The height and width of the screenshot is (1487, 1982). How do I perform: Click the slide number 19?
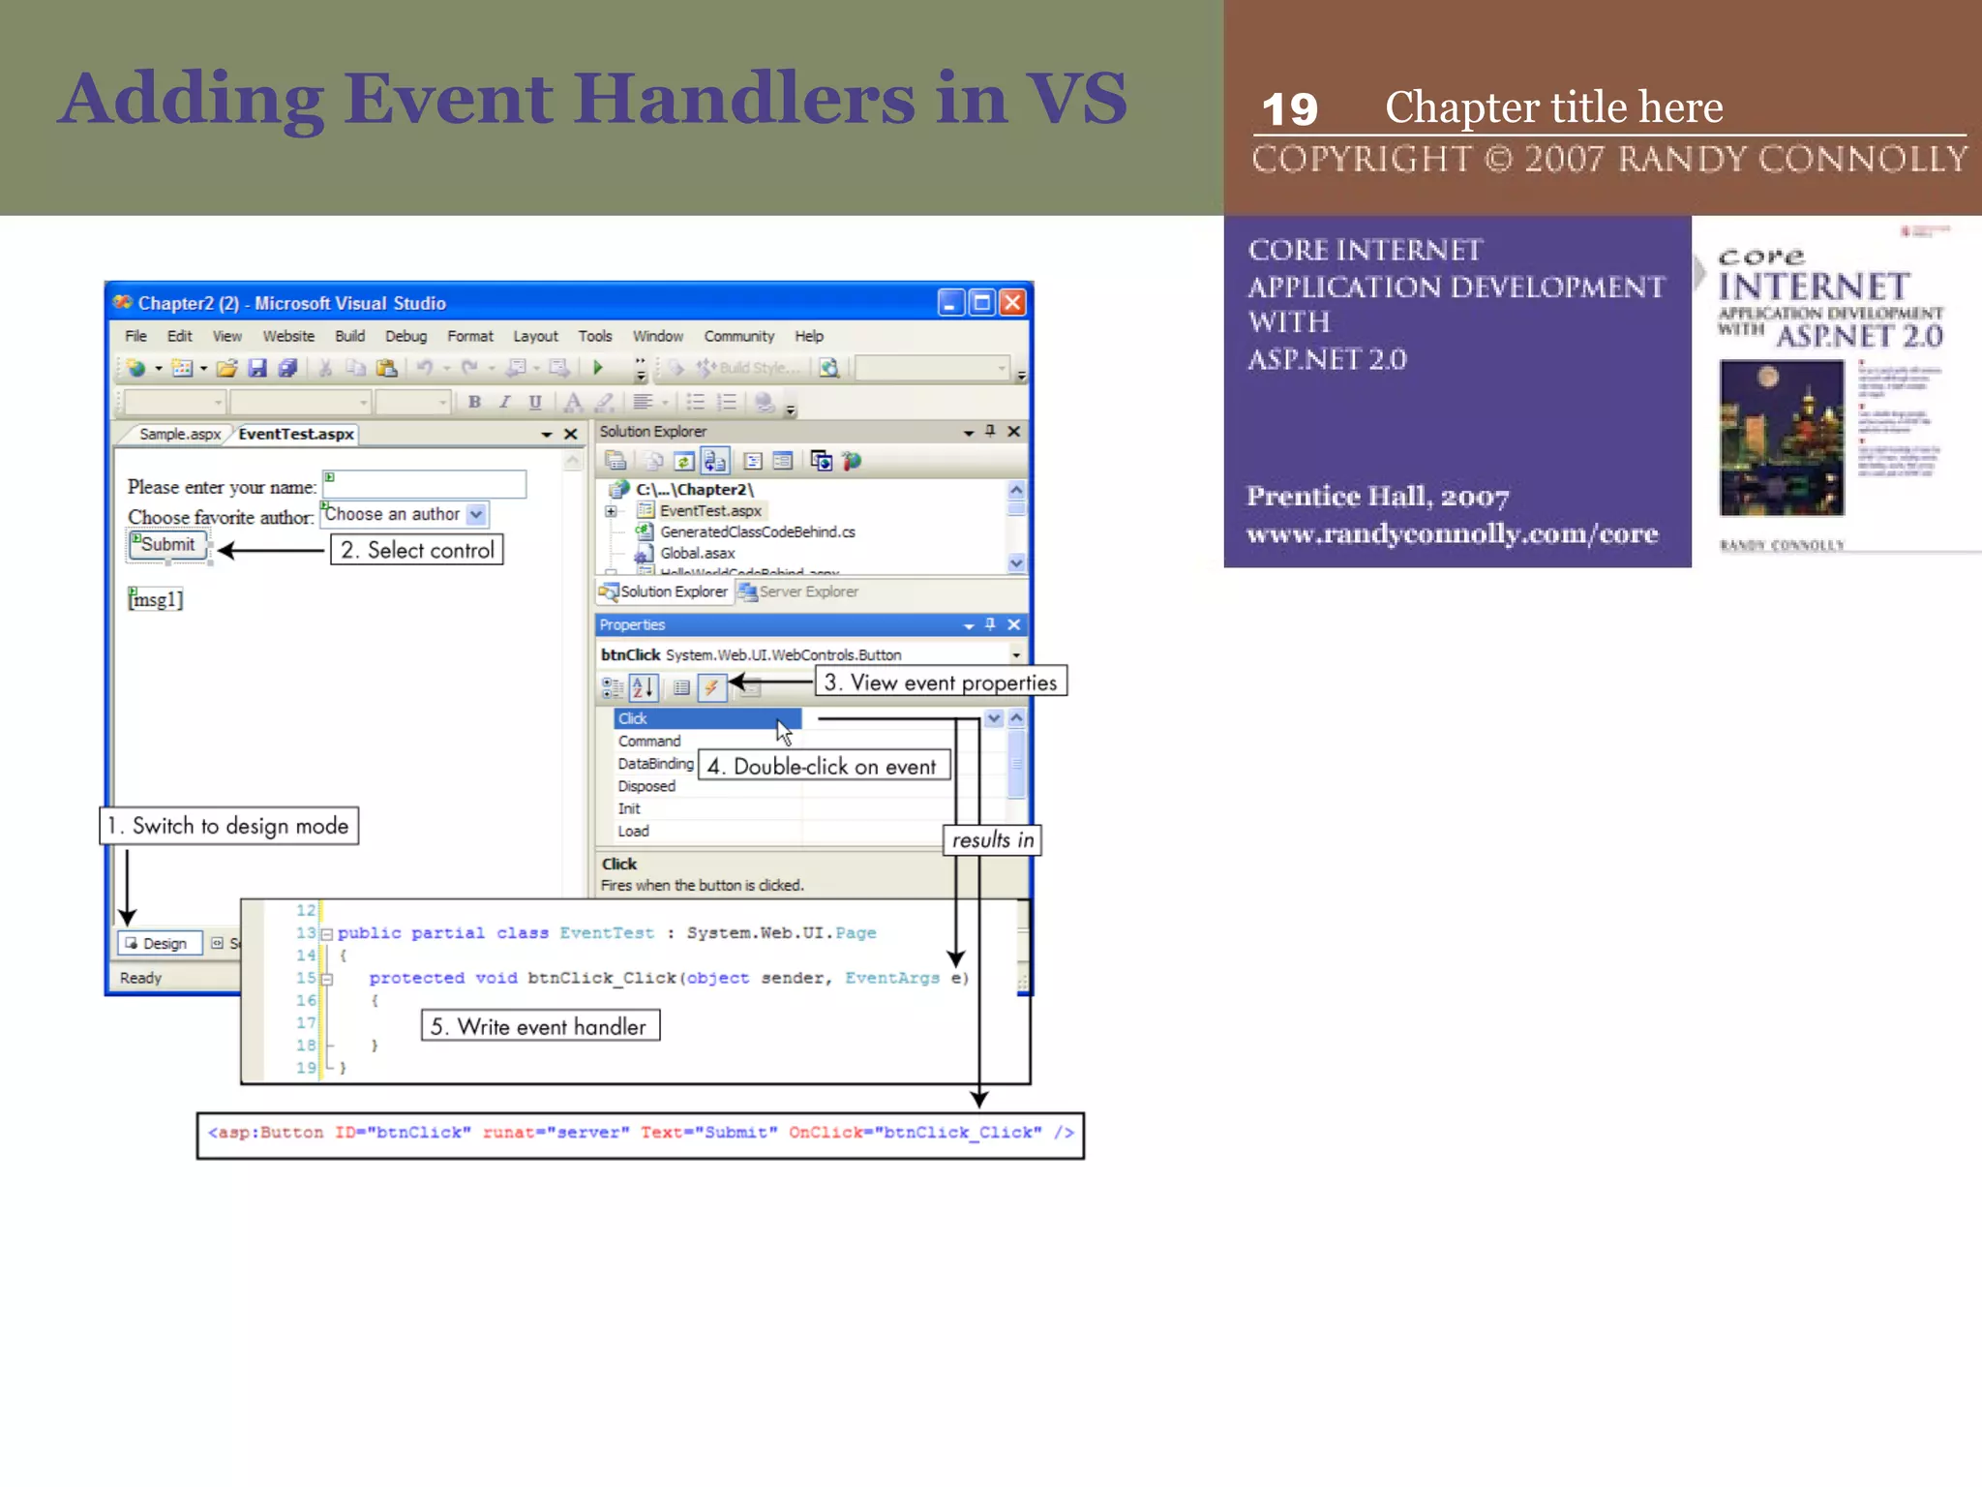click(x=1289, y=109)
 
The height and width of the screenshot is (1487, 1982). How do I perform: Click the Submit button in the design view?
click(x=167, y=545)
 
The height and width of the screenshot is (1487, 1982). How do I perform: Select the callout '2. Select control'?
click(x=417, y=551)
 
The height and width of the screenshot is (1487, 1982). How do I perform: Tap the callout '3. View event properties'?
click(x=941, y=683)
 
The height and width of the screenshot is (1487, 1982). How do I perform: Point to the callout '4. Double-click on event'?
click(x=824, y=767)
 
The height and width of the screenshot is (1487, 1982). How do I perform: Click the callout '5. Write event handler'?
click(x=540, y=1026)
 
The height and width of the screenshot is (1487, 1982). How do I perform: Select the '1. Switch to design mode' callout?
click(x=229, y=826)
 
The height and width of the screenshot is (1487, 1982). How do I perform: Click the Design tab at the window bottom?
click(x=160, y=944)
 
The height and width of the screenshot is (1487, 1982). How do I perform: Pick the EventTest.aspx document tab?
click(x=296, y=435)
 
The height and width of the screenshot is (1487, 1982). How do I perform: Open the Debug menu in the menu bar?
click(x=405, y=336)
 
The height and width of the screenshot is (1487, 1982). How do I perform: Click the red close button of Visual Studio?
click(x=1012, y=303)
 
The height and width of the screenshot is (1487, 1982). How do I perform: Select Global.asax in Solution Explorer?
click(x=697, y=554)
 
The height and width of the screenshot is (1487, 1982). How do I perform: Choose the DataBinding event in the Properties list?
click(x=655, y=764)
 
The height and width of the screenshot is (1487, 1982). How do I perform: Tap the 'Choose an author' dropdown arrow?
click(x=476, y=514)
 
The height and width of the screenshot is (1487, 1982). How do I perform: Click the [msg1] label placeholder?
click(x=155, y=599)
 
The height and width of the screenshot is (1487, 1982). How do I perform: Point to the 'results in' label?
click(x=992, y=840)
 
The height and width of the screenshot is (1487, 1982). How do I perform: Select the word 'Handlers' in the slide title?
click(x=743, y=99)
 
